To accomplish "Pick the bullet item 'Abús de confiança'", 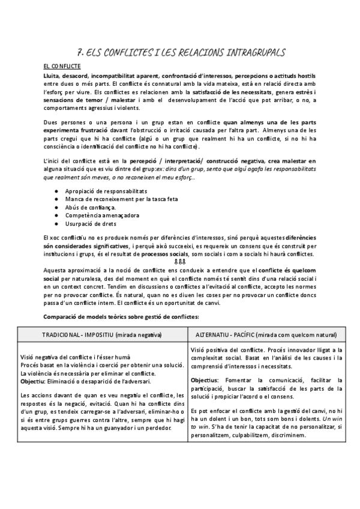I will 89,206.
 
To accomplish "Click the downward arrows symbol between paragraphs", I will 179,262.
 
